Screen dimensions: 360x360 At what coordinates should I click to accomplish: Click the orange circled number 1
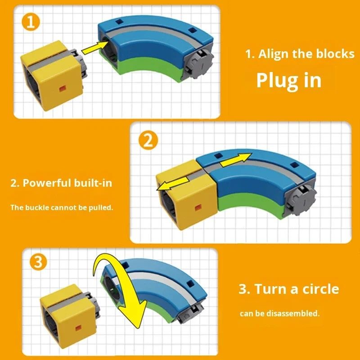pyautogui.click(x=31, y=22)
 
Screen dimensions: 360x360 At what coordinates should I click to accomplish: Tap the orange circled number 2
pyautogui.click(x=148, y=140)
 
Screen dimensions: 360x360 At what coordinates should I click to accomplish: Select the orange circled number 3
pyautogui.click(x=38, y=261)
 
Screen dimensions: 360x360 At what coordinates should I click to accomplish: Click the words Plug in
pyautogui.click(x=288, y=81)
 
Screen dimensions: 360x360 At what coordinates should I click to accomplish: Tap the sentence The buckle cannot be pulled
pyautogui.click(x=62, y=207)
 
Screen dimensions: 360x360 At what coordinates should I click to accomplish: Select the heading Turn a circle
pyautogui.click(x=297, y=289)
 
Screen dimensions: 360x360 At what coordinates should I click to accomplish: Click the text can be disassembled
pyautogui.click(x=279, y=313)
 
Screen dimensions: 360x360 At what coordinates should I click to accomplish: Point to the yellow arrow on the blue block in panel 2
pyautogui.click(x=236, y=160)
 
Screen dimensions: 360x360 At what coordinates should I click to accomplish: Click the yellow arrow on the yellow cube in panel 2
pyautogui.click(x=173, y=184)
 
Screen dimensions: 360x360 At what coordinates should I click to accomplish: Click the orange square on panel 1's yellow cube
pyautogui.click(x=63, y=88)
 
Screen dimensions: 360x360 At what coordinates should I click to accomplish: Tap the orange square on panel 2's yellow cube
pyautogui.click(x=198, y=207)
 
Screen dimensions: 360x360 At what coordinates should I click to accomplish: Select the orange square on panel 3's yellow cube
pyautogui.click(x=78, y=328)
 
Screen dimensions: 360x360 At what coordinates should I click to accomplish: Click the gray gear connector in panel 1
pyautogui.click(x=199, y=63)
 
